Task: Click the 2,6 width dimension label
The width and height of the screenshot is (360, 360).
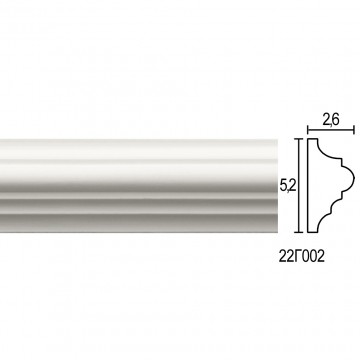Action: [330, 120]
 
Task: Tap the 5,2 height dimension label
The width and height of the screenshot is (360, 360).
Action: [288, 187]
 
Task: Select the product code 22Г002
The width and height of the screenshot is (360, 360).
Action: [302, 257]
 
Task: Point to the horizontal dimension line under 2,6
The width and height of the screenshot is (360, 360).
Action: [331, 130]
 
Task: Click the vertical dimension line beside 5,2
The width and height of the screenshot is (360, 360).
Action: [300, 185]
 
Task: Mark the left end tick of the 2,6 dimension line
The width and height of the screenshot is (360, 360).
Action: [308, 130]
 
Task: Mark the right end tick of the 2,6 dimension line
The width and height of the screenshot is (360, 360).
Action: [354, 130]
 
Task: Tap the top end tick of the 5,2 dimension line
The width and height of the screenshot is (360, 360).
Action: [300, 139]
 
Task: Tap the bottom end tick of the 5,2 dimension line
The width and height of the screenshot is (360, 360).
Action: [300, 232]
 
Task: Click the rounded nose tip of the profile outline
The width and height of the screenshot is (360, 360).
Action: [354, 178]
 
